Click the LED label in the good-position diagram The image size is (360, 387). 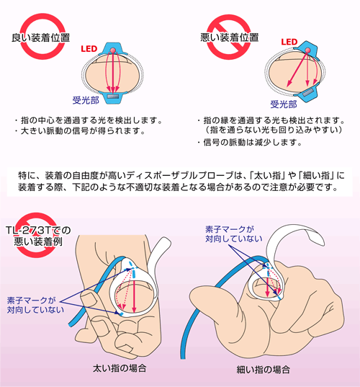(x=89, y=49)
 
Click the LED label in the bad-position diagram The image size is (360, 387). (x=289, y=42)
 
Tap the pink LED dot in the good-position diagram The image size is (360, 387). (x=113, y=50)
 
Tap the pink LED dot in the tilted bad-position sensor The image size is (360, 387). (x=307, y=50)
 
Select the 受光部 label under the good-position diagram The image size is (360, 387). (x=86, y=100)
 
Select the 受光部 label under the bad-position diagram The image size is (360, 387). (x=284, y=104)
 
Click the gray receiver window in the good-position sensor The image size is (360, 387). (x=113, y=97)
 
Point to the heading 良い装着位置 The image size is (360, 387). (x=41, y=37)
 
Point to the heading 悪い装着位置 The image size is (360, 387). (x=229, y=37)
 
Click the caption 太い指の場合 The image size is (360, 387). (x=120, y=368)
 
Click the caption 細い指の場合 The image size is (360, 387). (x=263, y=370)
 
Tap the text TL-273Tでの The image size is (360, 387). (x=38, y=231)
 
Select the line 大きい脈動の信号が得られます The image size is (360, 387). (x=83, y=131)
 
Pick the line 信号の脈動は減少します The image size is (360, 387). (x=253, y=143)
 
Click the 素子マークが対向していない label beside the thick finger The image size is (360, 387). (x=35, y=305)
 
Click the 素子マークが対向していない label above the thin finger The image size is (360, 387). (x=234, y=234)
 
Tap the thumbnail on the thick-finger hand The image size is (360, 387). (x=88, y=298)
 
